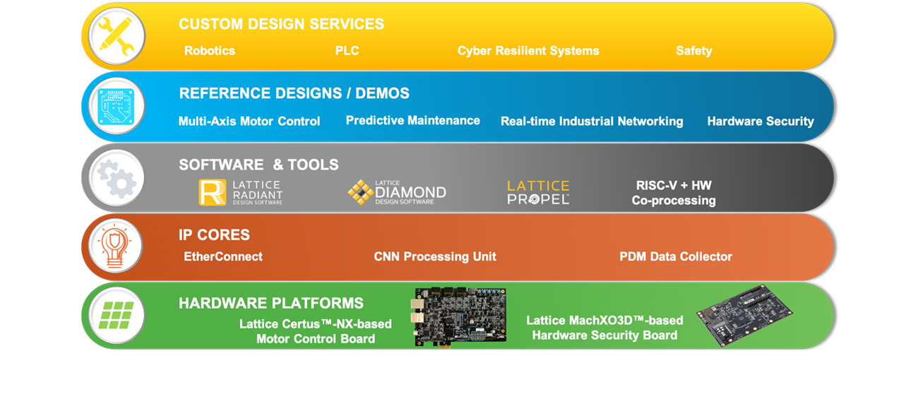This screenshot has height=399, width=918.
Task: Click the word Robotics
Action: click(210, 51)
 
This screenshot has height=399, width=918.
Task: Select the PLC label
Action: click(347, 51)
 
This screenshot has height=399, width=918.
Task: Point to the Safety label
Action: click(693, 51)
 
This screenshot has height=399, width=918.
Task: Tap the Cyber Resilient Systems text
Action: click(528, 51)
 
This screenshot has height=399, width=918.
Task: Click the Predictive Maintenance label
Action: click(413, 121)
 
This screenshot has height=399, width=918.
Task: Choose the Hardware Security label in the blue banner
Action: click(761, 121)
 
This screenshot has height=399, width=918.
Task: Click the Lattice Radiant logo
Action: click(241, 192)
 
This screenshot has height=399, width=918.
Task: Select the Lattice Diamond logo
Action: click(397, 192)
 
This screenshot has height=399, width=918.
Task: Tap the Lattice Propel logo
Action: click(538, 192)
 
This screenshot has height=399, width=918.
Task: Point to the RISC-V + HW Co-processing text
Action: click(674, 193)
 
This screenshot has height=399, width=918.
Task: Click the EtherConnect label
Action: click(223, 257)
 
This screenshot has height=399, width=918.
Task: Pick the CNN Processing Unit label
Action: click(435, 257)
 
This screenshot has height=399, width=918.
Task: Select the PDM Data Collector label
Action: click(676, 257)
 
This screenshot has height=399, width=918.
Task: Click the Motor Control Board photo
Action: click(460, 316)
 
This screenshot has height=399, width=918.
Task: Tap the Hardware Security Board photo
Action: click(744, 315)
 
